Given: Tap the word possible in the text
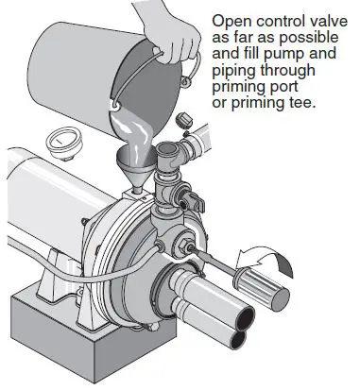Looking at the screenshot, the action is click(283, 37).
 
